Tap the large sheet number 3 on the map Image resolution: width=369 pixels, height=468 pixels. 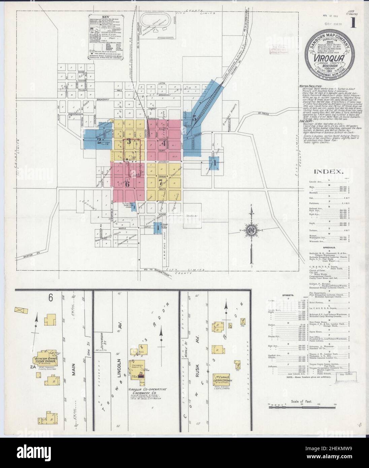129,141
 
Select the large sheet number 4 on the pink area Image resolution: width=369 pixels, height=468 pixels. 164,143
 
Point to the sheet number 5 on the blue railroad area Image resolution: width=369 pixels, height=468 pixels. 194,118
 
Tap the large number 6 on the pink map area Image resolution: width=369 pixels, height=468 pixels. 127,184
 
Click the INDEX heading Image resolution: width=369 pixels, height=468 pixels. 328,171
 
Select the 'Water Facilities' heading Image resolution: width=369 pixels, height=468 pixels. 308,86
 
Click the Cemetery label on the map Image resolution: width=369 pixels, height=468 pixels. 192,218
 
